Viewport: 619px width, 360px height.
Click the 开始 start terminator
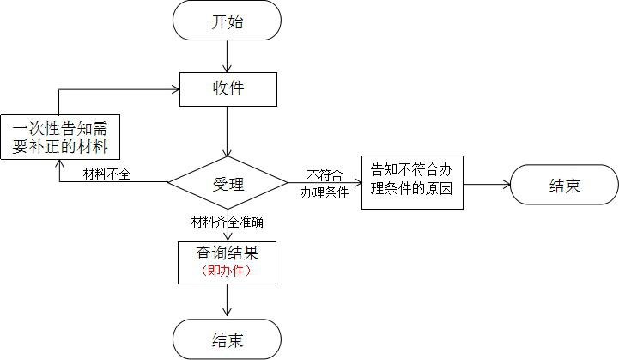(227, 22)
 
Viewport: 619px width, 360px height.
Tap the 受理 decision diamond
(228, 182)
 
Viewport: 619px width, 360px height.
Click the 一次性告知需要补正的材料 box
(59, 137)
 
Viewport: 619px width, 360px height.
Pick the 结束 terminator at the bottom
(227, 339)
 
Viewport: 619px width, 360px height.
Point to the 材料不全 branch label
(106, 174)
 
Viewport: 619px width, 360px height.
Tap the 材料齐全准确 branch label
(227, 221)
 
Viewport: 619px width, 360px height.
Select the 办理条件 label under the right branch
(325, 193)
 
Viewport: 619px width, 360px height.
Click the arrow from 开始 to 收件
(227, 56)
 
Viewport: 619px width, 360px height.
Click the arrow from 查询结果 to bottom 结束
(227, 301)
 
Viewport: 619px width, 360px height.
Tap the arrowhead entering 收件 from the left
(173, 87)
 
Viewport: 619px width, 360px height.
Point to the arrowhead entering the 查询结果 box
(227, 237)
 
